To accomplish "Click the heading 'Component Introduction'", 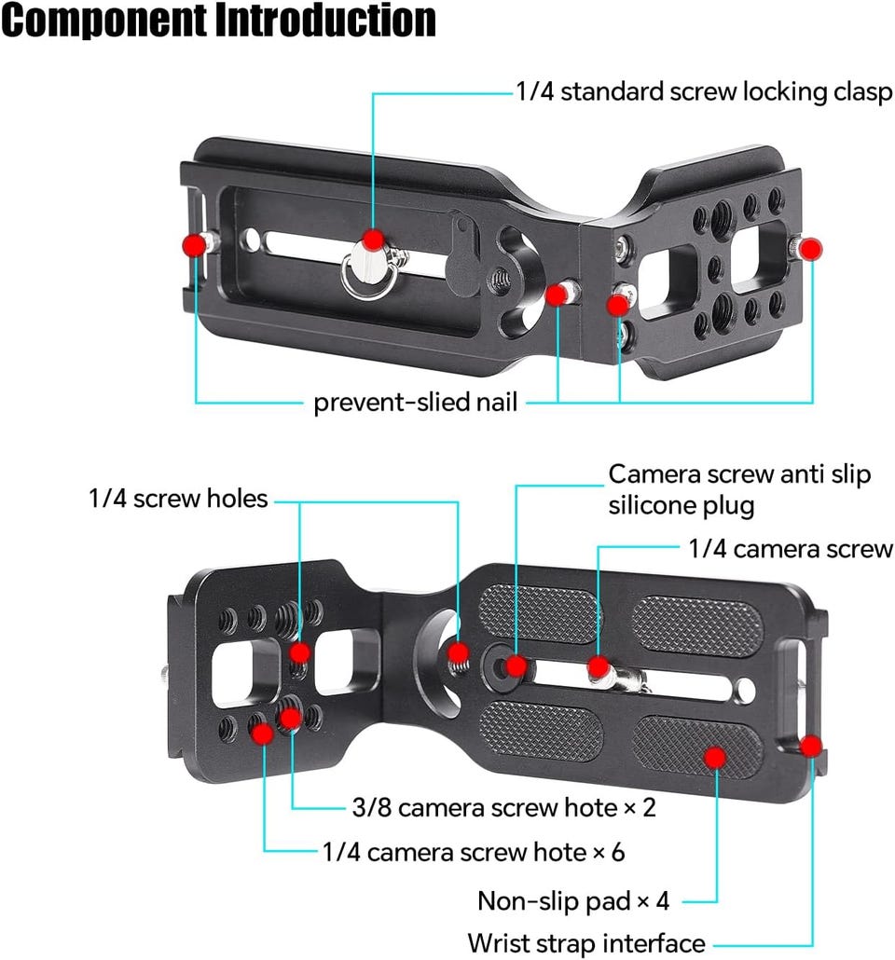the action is (x=218, y=20).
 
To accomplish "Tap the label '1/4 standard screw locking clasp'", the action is (x=704, y=92).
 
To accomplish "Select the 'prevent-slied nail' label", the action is (x=416, y=403).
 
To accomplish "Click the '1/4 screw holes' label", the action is (x=178, y=499).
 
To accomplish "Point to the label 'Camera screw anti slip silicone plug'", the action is (x=739, y=490).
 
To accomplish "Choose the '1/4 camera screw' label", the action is (x=791, y=549).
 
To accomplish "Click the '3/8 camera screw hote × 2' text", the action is (x=504, y=807).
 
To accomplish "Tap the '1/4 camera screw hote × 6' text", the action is (x=474, y=852).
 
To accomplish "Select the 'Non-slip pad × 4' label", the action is (x=573, y=901).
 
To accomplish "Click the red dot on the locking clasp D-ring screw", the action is (x=373, y=239).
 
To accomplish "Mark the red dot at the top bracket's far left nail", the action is (x=194, y=245).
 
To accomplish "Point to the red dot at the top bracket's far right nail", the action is (x=810, y=249).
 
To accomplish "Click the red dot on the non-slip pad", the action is (x=714, y=758).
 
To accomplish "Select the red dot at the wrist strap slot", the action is (x=811, y=746).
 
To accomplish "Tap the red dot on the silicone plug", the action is (x=516, y=665).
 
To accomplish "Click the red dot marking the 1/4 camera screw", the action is (x=599, y=666).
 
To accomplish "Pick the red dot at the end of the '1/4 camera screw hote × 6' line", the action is (x=263, y=734).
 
